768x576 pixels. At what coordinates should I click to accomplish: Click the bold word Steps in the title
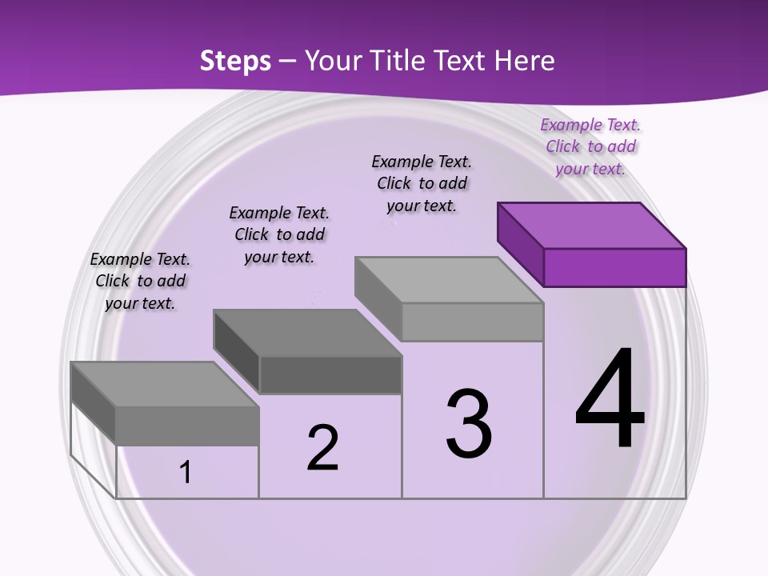(235, 61)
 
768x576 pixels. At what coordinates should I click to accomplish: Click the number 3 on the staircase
(469, 423)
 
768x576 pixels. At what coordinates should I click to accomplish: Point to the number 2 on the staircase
(322, 447)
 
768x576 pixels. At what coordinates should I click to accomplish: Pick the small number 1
(186, 473)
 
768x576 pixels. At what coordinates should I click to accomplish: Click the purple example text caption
(590, 146)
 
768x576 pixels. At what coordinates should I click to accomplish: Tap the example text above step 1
(140, 281)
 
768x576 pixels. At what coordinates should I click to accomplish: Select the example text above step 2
(279, 234)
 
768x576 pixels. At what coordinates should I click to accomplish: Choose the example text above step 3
(422, 183)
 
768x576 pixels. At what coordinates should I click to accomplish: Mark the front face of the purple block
(614, 267)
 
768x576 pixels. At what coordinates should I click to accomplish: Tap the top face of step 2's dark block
(307, 333)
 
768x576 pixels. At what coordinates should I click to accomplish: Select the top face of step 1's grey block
(165, 384)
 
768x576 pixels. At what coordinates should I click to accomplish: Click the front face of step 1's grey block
(187, 426)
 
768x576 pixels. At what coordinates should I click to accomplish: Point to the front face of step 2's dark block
(330, 374)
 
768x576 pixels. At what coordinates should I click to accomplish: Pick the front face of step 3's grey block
(472, 322)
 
